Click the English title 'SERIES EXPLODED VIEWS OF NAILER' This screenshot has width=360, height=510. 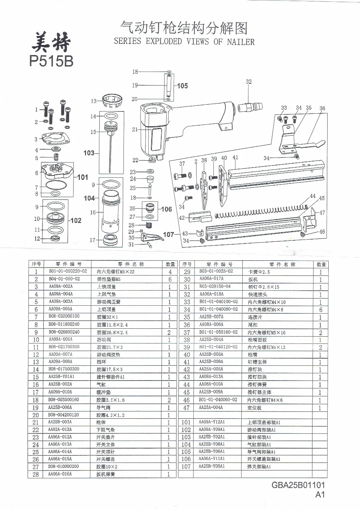(184, 41)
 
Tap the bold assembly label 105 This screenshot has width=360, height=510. (182, 86)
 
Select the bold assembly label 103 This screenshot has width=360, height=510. (89, 153)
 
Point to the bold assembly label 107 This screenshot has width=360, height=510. (168, 234)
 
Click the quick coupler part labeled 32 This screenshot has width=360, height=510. (252, 107)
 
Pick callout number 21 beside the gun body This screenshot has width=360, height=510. (135, 129)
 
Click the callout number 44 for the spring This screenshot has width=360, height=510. (312, 196)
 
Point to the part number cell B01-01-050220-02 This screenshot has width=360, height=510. (68, 271)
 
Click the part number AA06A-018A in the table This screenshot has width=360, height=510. (211, 294)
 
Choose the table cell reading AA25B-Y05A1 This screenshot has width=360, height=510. (212, 466)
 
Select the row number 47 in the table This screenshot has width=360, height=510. (186, 407)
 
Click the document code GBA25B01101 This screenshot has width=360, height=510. (298, 486)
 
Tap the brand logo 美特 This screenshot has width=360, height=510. (51, 43)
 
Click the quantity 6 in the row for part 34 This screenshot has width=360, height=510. (320, 310)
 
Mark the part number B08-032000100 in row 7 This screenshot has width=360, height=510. (64, 316)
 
